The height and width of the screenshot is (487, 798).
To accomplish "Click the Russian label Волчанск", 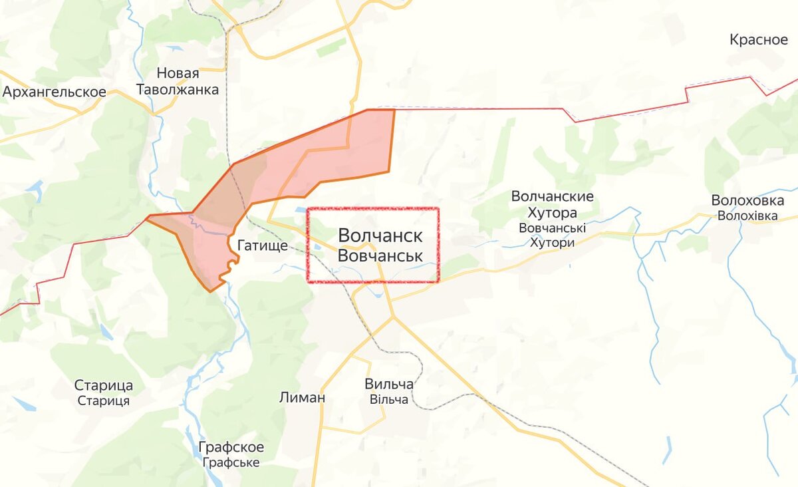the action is point(380,236).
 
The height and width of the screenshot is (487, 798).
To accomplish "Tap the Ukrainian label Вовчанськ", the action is point(380,255).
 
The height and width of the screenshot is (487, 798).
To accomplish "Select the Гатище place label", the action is point(263,246).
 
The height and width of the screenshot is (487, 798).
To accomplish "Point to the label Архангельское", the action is point(55,92).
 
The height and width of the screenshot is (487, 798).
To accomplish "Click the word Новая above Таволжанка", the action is point(178,73).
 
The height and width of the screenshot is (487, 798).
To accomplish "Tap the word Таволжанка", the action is point(178,90).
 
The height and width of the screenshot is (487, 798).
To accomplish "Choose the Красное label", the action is point(759,39).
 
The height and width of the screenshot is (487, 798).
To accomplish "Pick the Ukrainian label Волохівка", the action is point(747,216).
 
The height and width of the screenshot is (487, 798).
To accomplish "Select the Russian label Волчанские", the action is point(552,197).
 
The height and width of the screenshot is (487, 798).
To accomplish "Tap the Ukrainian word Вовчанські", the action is point(553,228).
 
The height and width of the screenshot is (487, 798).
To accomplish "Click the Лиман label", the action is point(303,398).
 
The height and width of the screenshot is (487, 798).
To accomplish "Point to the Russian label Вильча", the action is point(389,385).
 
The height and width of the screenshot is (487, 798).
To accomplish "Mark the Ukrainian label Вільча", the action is point(388,399).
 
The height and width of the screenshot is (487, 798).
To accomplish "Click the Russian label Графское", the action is point(231,447).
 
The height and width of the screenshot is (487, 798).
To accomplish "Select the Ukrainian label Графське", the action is point(231,462).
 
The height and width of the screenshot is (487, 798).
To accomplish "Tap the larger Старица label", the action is point(104,386).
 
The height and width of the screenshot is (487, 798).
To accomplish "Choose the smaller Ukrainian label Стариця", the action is point(104,401).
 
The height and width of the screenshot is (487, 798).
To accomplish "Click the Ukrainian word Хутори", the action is point(552,243).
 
